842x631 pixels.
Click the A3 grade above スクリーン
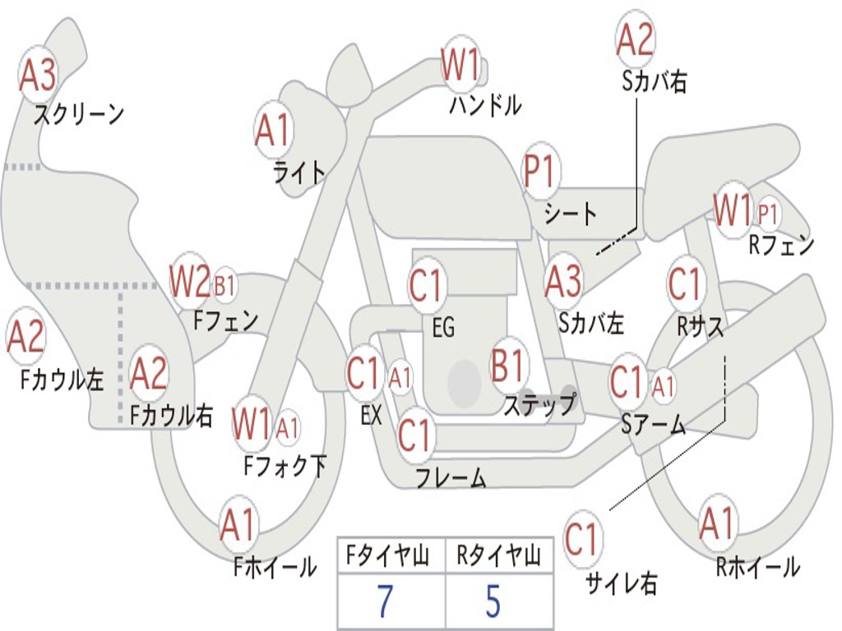coord(38,76)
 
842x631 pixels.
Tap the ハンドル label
coord(485,105)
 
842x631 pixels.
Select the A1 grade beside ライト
coord(273,130)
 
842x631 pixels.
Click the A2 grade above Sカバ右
coord(635,39)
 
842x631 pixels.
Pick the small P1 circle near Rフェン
coord(767,214)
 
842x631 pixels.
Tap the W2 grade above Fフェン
coord(190,282)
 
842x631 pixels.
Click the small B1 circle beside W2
coord(224,286)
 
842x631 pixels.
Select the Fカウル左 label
coord(62,380)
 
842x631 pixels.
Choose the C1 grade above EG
coord(426,286)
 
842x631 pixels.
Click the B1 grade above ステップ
coord(510,366)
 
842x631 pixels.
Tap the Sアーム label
coord(654,425)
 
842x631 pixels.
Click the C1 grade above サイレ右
coord(582,540)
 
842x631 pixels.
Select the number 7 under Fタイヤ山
coord(385,602)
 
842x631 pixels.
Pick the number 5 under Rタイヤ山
coord(493,602)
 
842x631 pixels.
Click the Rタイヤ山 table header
coord(498,557)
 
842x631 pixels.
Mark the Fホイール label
coord(275,566)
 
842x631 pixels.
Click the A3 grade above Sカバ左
coord(564,282)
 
